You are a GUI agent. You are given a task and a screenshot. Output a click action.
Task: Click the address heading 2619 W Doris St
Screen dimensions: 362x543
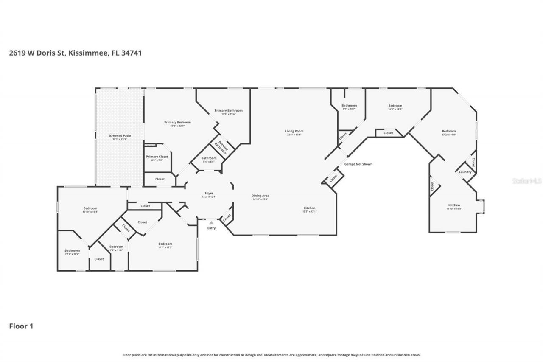75,53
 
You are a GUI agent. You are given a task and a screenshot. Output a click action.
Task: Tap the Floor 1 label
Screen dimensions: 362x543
21,326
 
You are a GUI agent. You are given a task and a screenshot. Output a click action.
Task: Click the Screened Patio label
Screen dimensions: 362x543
120,135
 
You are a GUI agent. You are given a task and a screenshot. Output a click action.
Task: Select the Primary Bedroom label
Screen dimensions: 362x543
177,122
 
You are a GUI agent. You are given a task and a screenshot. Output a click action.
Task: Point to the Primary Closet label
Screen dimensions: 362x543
157,157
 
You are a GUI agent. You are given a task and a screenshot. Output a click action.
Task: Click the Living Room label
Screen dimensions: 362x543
294,131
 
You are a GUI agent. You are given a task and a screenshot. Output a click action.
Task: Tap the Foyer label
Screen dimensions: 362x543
209,193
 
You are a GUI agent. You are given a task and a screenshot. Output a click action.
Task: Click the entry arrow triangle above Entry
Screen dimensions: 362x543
211,222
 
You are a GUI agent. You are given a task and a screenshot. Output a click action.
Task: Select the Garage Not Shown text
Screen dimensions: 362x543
358,164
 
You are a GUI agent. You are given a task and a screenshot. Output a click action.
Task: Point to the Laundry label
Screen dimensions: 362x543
465,172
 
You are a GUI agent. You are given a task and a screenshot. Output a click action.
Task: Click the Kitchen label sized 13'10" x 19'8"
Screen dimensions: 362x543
454,205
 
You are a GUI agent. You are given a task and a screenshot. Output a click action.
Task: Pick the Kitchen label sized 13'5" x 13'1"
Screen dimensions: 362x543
309,208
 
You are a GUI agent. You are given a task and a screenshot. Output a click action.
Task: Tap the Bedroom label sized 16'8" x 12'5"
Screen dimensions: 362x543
395,106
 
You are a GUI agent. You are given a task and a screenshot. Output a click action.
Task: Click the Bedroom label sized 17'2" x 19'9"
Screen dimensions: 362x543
449,131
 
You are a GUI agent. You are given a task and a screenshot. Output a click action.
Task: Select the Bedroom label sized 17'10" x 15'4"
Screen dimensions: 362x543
90,208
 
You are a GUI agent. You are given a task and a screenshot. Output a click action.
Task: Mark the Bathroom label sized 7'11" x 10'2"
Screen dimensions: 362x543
72,250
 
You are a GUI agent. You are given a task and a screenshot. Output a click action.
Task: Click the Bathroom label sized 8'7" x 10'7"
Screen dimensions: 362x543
349,106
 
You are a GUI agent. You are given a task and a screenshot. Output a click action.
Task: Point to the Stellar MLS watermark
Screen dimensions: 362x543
527,181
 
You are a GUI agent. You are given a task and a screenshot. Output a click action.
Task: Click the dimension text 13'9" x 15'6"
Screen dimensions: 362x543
228,114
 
